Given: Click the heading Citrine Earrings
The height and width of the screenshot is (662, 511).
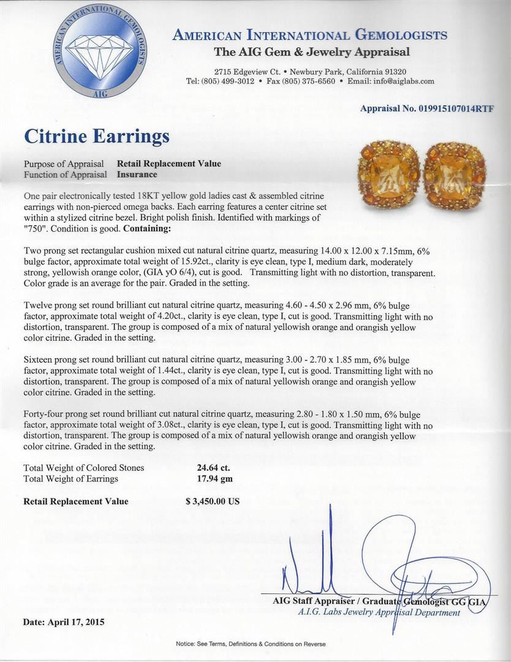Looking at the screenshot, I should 96,135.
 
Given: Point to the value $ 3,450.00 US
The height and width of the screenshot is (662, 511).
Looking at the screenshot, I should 212,501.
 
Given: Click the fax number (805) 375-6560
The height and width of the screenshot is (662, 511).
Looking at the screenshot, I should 308,82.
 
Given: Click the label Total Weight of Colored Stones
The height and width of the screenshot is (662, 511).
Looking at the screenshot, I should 83,468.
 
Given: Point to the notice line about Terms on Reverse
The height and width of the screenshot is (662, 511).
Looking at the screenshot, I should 251,644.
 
